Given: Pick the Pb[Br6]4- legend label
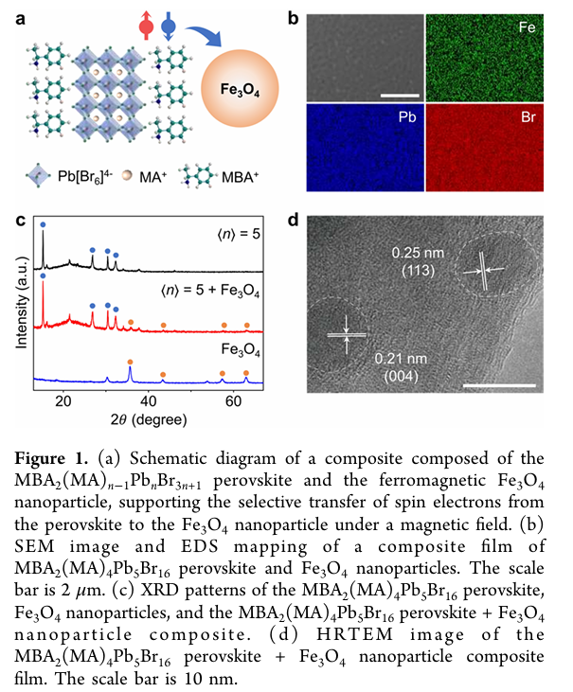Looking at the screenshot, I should pos(84,176).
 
